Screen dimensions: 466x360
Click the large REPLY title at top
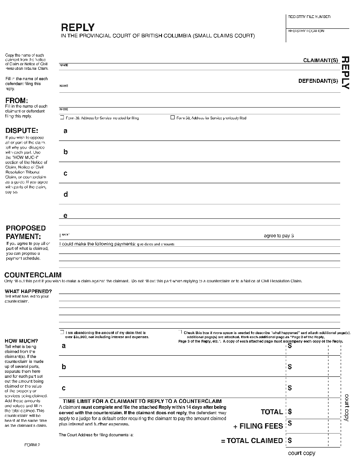[77, 27]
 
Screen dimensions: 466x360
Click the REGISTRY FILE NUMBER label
[309, 17]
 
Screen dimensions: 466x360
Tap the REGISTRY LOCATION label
[306, 31]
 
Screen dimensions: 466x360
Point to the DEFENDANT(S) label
[318, 81]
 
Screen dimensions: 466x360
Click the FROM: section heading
[17, 100]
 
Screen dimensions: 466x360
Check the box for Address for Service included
[62, 118]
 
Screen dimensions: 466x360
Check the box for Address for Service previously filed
[172, 118]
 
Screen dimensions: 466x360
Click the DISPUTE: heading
[22, 131]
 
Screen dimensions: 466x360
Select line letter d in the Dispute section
[66, 195]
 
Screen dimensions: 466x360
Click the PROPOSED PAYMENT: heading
[26, 232]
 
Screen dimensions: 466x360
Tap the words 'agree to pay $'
[279, 236]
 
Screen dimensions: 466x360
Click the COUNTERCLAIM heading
[33, 275]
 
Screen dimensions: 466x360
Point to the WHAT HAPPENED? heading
[28, 291]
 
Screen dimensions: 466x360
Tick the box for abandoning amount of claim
[62, 332]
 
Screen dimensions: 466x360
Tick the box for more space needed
[180, 332]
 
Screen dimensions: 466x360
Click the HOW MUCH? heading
[21, 341]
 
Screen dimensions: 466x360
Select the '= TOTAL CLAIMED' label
[252, 440]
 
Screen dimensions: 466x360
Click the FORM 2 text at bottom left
[32, 445]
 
